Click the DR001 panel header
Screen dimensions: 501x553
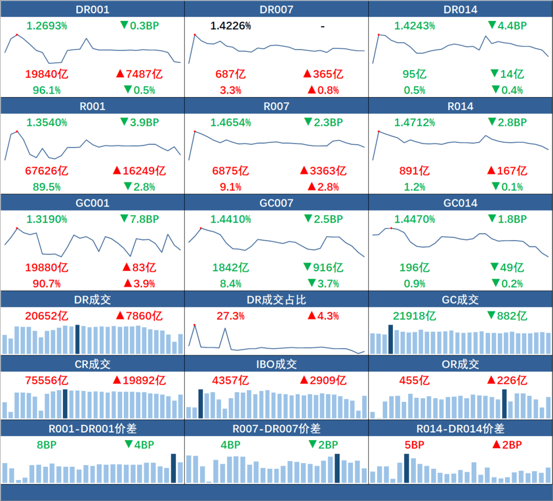tap(92, 10)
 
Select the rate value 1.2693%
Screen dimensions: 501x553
tap(47, 26)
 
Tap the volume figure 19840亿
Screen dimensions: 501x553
tap(47, 74)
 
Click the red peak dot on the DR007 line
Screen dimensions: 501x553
tap(195, 35)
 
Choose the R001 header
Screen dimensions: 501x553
tap(92, 106)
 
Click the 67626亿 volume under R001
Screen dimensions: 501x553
tap(47, 171)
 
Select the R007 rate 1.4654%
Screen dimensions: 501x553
tap(230, 122)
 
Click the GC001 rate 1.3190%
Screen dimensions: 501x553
tap(47, 219)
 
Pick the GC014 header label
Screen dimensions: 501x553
tap(460, 203)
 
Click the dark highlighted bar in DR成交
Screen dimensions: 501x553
tap(77, 339)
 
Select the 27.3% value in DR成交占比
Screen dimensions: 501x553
tap(230, 316)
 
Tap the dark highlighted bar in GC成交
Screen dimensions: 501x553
tap(390, 339)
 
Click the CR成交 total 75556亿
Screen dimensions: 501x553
tap(47, 380)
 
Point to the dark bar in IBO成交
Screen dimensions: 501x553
tap(201, 404)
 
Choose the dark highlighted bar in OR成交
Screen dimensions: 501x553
tap(504, 404)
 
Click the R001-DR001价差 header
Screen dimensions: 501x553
tap(92, 429)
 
